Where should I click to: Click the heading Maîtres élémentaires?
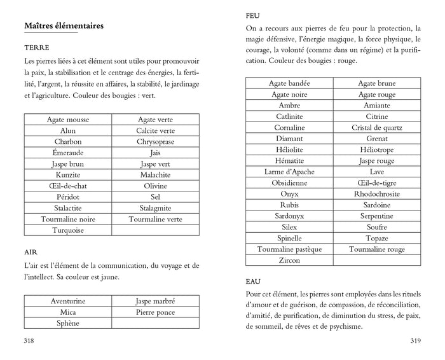64,26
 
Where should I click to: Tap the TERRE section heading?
37,48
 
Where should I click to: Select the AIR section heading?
31,252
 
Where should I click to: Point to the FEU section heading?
253,15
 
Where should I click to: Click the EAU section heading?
254,280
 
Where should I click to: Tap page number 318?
29,341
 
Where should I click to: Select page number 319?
415,341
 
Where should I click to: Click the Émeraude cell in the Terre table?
68,153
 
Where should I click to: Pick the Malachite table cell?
155,174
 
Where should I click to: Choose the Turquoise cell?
68,230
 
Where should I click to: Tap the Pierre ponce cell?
155,312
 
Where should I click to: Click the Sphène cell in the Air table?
68,323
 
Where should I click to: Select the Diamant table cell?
289,138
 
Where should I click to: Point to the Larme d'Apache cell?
289,172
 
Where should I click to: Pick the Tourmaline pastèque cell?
289,249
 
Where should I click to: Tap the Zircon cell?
289,260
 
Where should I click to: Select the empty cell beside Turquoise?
155,230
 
